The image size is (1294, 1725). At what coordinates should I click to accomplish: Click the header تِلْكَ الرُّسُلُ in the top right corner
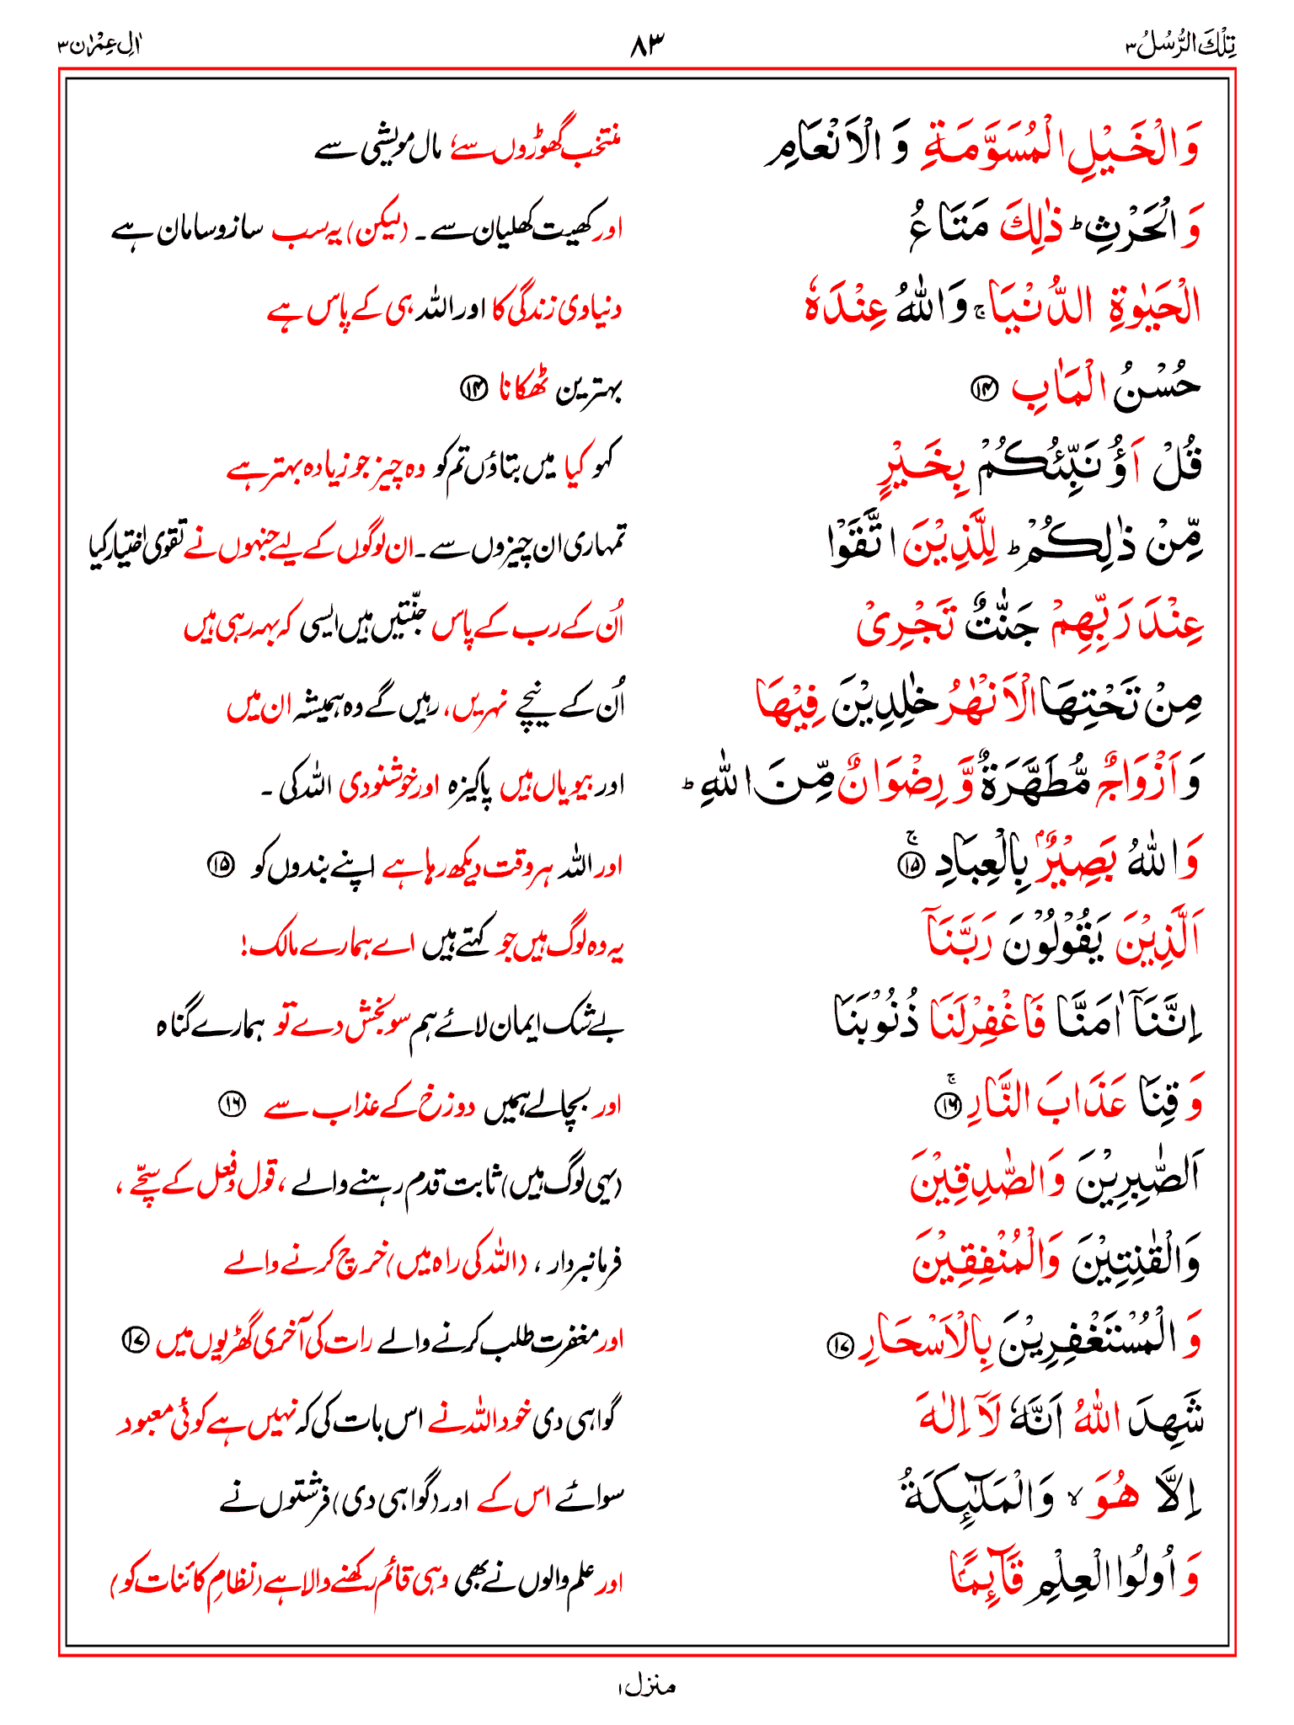click(1182, 45)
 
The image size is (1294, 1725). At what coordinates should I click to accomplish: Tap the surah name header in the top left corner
click(99, 45)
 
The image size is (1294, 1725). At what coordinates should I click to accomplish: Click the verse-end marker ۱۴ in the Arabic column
click(982, 387)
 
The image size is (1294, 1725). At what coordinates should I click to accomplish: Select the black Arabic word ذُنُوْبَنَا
click(876, 1022)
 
